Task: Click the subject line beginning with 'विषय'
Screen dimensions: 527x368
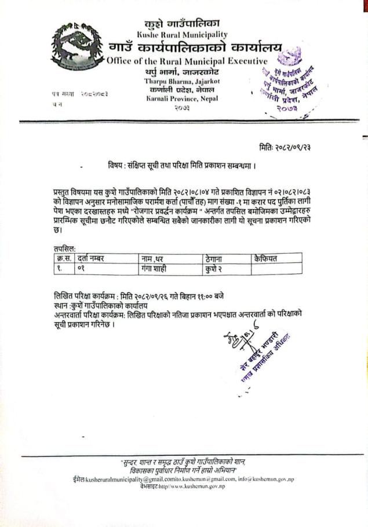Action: click(x=182, y=166)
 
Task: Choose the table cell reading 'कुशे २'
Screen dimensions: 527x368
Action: click(x=214, y=268)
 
